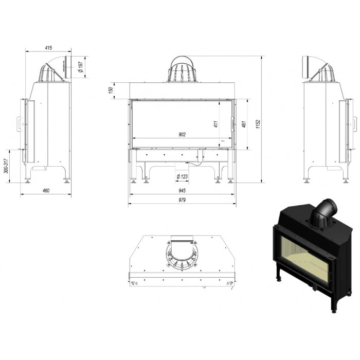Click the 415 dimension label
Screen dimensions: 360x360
click(x=49, y=48)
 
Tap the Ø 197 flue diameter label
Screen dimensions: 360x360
click(x=81, y=67)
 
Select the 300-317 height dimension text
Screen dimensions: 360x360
click(x=7, y=166)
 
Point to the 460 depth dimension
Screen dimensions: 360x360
click(x=46, y=191)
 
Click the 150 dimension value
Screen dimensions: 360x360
click(x=111, y=90)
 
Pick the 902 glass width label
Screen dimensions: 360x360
click(x=182, y=135)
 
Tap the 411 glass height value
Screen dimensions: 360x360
click(x=216, y=124)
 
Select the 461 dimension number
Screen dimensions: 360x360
click(x=244, y=124)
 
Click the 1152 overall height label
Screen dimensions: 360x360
click(x=258, y=124)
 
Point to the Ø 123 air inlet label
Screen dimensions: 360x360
click(x=182, y=176)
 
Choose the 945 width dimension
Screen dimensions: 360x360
click(x=182, y=191)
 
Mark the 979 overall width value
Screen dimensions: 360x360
click(x=182, y=200)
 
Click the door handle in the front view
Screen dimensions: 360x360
click(x=233, y=124)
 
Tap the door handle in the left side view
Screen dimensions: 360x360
click(x=19, y=124)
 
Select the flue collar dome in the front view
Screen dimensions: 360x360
click(x=182, y=69)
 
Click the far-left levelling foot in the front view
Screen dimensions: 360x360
click(x=133, y=181)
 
